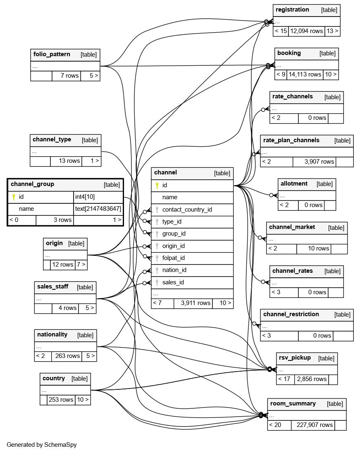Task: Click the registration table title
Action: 292,10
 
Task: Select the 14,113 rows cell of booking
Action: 305,75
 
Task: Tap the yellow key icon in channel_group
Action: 14,197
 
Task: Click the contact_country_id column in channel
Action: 187,210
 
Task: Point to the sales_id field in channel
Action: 173,282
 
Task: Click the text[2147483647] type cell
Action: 98,209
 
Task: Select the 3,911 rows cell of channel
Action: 195,303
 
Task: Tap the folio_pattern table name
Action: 51,55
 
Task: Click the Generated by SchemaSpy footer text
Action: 41,445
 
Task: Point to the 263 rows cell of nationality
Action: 67,356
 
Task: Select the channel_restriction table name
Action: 291,314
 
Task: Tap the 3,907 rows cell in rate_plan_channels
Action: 319,162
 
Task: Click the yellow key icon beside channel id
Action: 157,186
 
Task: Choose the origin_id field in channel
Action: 173,246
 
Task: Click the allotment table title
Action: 294,184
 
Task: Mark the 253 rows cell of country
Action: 61,400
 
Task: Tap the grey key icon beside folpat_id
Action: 157,258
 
